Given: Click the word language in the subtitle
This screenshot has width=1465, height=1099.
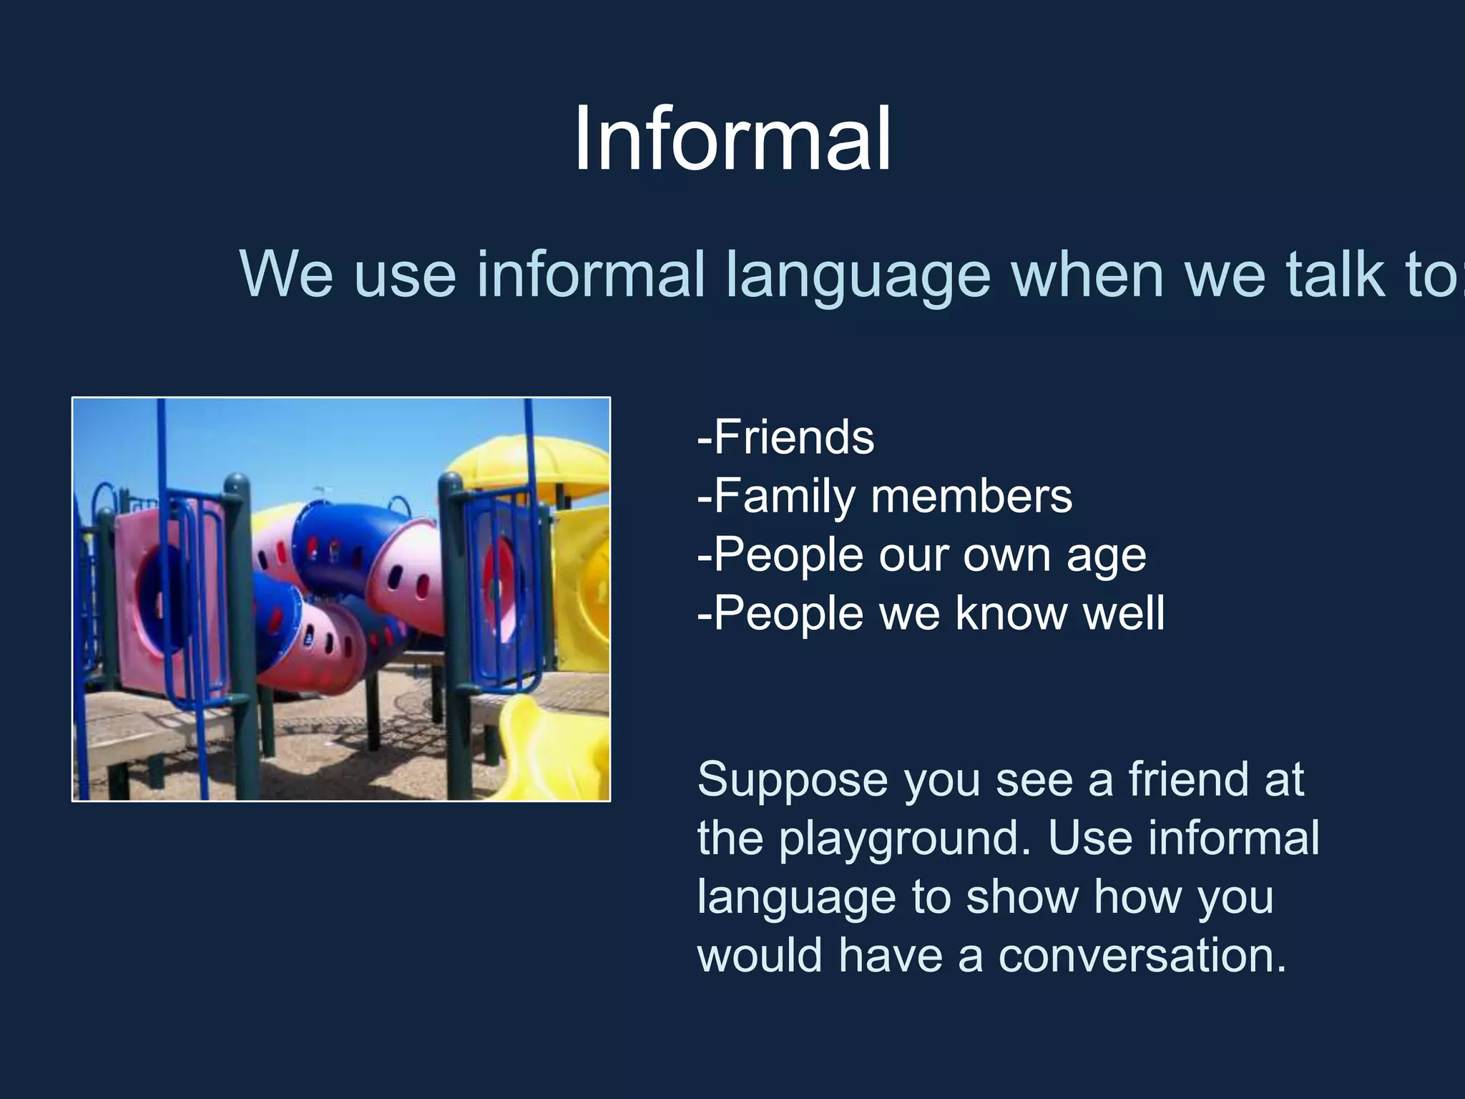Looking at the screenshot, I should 858,275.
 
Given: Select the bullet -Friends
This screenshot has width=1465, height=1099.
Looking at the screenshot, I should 785,437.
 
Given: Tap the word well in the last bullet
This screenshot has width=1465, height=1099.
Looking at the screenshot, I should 1124,613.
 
